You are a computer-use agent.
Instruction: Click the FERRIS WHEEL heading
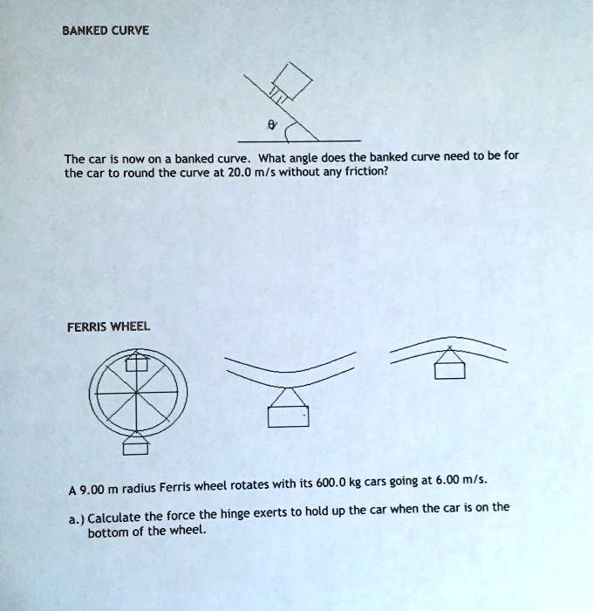(108, 326)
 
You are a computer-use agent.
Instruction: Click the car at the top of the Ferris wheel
(138, 362)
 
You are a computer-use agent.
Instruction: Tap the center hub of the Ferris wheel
(137, 395)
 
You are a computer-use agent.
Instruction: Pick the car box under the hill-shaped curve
(449, 370)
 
